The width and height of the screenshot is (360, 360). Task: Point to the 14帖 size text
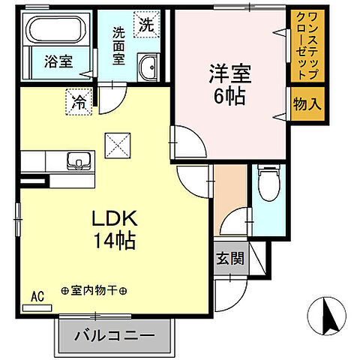(x=113, y=241)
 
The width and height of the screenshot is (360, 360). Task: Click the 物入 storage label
(x=307, y=103)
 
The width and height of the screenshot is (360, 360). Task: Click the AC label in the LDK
(x=37, y=296)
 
